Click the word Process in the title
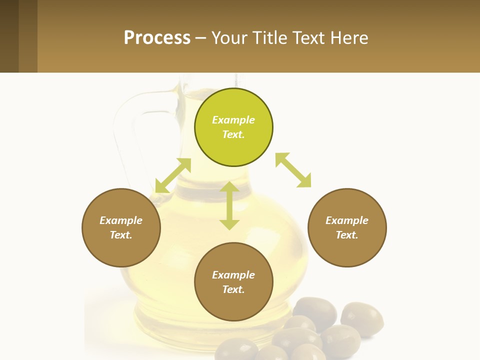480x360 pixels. click(x=157, y=37)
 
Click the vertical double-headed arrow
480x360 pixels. click(x=229, y=205)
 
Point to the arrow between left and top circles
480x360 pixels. click(x=173, y=175)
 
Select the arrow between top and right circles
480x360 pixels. click(x=293, y=170)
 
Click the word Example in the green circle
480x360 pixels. click(x=233, y=120)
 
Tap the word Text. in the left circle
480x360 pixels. click(x=121, y=235)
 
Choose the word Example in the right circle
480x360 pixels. click(x=347, y=220)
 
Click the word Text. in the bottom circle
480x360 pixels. click(x=233, y=289)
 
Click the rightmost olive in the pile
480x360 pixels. click(x=362, y=317)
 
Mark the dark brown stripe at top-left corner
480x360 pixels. click(x=9, y=36)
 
